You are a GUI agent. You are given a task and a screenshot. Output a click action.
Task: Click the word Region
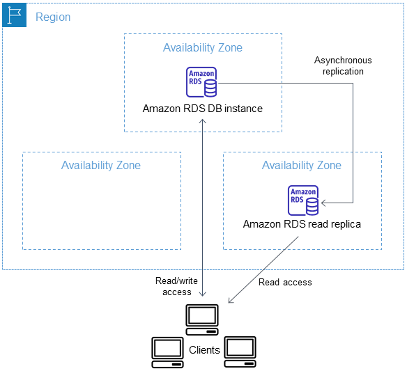53,17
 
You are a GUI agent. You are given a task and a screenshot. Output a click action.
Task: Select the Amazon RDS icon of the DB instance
201,82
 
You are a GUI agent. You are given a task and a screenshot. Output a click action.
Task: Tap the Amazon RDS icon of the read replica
303,200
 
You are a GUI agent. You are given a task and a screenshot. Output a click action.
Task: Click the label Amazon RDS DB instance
203,108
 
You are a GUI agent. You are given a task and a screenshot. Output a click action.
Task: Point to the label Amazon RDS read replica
302,224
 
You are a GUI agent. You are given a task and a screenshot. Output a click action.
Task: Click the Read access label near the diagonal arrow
285,282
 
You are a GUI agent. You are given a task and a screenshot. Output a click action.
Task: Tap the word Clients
204,349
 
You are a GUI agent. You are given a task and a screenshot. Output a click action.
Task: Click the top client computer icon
203,317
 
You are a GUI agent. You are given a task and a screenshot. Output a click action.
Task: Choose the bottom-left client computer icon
168,351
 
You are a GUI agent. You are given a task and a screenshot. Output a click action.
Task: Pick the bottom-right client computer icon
239,351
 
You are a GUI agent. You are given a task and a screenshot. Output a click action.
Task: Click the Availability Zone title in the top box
203,47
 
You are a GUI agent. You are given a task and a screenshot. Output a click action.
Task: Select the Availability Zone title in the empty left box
101,165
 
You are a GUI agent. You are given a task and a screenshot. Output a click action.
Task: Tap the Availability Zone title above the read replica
302,165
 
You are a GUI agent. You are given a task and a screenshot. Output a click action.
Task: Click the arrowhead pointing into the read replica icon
324,203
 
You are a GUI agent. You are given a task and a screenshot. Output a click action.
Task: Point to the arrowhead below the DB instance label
203,120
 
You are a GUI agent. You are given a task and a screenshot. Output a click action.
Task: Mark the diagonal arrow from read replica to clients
265,269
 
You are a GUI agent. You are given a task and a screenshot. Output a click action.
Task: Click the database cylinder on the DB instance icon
210,86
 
